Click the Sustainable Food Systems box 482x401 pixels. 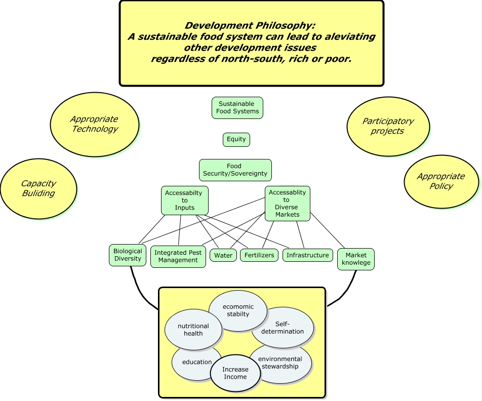pos(237,108)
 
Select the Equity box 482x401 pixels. pos(236,139)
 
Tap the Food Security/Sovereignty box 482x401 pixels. pos(235,170)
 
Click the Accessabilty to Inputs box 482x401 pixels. pos(185,200)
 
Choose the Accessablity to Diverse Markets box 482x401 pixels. pos(287,204)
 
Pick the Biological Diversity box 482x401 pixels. pos(128,255)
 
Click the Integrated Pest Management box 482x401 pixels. pos(178,257)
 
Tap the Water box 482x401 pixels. pos(223,255)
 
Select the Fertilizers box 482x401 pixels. pos(259,255)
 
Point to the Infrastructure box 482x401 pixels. pos(308,255)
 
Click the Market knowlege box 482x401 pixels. pos(356,259)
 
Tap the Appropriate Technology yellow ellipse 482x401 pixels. pos(95,124)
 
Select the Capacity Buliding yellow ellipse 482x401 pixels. pos(38,188)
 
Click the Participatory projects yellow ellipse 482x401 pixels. pos(388,126)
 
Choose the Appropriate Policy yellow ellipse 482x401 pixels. pos(441,181)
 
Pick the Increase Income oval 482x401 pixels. pos(235,373)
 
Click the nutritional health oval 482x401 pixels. pos(193,330)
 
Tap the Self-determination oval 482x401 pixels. pos(283,328)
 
